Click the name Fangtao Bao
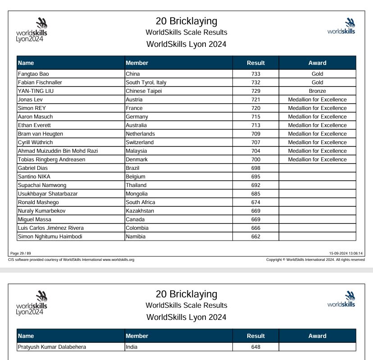click(x=33, y=74)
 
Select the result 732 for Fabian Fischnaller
click(x=256, y=82)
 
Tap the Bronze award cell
click(x=317, y=91)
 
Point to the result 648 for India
click(x=256, y=347)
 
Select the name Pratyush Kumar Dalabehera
click(x=52, y=347)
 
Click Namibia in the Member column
click(x=136, y=237)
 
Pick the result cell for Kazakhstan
click(x=256, y=211)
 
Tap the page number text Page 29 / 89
click(x=21, y=253)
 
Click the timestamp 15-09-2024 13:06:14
click(x=346, y=253)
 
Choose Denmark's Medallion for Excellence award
click(x=317, y=159)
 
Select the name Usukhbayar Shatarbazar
click(x=48, y=194)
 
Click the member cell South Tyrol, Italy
click(x=146, y=82)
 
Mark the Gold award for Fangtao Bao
click(x=317, y=74)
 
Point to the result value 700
click(x=256, y=159)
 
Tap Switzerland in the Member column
click(x=140, y=142)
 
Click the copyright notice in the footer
click(x=315, y=260)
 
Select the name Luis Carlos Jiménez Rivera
click(x=50, y=228)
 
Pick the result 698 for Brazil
click(x=256, y=168)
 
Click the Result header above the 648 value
click(x=256, y=336)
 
